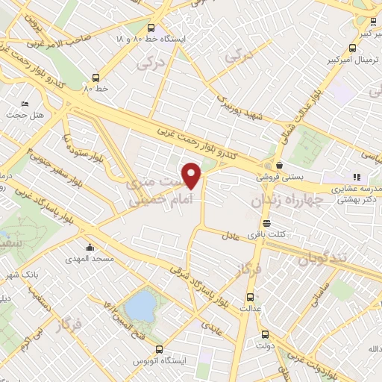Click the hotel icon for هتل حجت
tap(25, 104)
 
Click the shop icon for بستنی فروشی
tap(279, 166)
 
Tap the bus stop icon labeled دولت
tap(265, 334)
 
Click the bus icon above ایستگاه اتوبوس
tap(158, 349)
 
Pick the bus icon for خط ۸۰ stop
tap(95, 77)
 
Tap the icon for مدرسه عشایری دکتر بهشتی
tap(357, 177)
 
